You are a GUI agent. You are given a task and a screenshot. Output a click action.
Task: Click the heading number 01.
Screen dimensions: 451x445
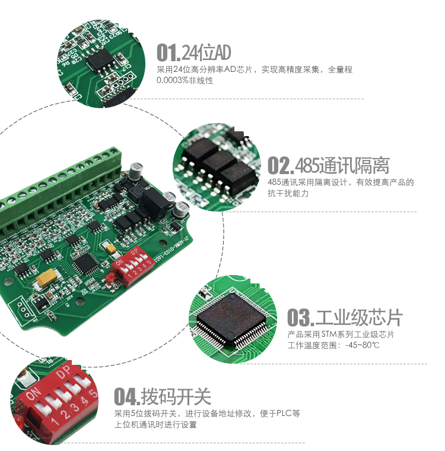tap(167, 53)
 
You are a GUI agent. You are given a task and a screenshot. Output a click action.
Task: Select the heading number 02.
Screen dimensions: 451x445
tap(279, 165)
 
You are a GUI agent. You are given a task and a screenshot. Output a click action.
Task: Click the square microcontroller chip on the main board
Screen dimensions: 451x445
tap(88, 262)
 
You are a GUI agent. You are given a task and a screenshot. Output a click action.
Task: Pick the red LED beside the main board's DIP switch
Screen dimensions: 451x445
tap(110, 278)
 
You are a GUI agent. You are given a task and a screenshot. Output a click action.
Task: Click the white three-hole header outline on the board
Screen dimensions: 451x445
tap(23, 309)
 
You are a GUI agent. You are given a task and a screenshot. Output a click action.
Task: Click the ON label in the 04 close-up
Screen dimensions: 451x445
tap(33, 393)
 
